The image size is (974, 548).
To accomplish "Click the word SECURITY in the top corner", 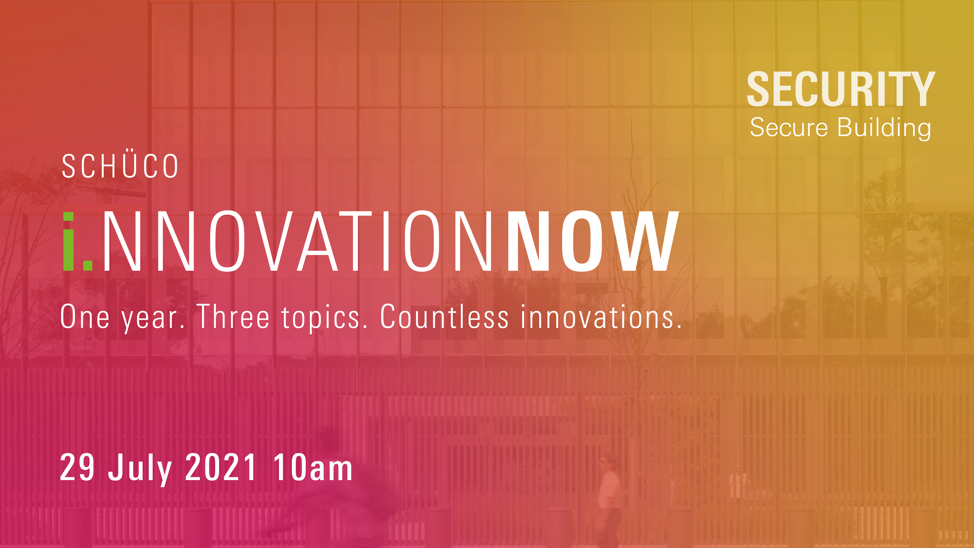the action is coord(841,89).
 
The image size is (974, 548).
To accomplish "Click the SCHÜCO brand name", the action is coord(120,165).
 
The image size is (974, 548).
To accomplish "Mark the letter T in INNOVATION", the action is coord(355,241).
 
